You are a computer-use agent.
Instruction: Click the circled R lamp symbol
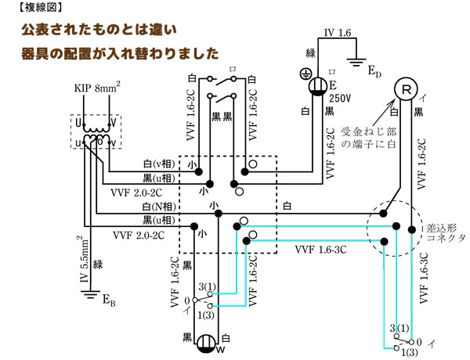pos(405,89)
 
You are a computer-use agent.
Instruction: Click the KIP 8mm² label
pos(96,87)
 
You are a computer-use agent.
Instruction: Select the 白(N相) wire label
pos(157,205)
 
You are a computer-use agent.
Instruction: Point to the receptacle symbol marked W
pos(206,344)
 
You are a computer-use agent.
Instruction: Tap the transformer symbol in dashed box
pos(96,131)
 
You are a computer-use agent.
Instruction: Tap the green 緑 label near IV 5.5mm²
pos(97,265)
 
